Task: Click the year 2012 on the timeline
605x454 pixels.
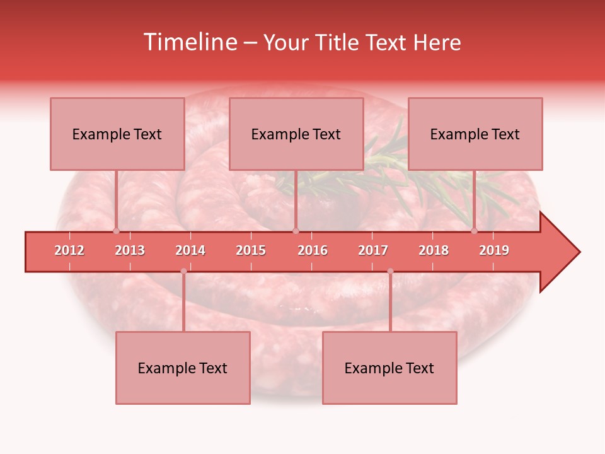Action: pyautogui.click(x=69, y=250)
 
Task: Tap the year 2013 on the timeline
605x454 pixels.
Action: pyautogui.click(x=130, y=250)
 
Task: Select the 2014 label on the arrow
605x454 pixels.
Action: pyautogui.click(x=190, y=250)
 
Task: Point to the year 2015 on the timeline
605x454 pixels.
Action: pyautogui.click(x=251, y=250)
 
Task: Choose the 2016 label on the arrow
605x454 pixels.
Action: pyautogui.click(x=313, y=250)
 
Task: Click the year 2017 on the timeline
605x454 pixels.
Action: pyautogui.click(x=373, y=250)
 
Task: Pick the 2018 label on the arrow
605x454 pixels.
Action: pyautogui.click(x=434, y=250)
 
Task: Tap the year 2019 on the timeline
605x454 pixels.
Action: pyautogui.click(x=494, y=250)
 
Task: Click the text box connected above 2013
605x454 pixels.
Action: pyautogui.click(x=117, y=134)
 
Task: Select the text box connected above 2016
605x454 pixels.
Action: pyautogui.click(x=296, y=134)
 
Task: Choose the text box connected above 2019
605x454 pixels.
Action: pyautogui.click(x=475, y=134)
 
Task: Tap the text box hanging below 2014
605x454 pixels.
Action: pyautogui.click(x=183, y=368)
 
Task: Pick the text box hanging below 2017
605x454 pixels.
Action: pyautogui.click(x=389, y=368)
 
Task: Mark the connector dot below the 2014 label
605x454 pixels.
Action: pyautogui.click(x=183, y=271)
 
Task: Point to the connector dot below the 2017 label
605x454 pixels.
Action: pyautogui.click(x=390, y=271)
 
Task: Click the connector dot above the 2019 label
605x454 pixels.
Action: pyautogui.click(x=474, y=231)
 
